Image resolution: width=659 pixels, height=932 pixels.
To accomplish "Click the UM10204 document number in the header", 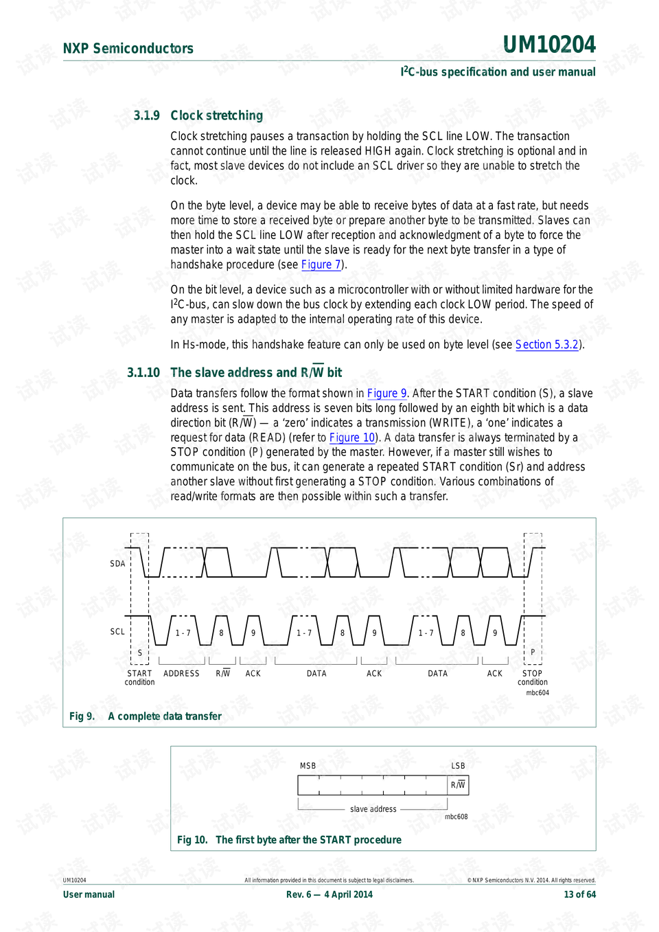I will (549, 45).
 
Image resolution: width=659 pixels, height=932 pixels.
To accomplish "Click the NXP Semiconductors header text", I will (128, 49).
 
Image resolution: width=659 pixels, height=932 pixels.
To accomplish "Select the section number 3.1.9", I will (146, 115).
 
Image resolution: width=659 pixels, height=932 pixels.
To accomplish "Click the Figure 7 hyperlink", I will (321, 265).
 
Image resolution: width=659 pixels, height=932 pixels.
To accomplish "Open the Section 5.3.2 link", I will (546, 345).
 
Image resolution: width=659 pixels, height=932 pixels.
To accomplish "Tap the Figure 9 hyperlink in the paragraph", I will (386, 394).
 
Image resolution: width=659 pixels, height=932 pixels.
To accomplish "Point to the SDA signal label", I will (117, 564).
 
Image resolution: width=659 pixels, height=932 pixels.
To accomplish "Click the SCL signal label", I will (117, 632).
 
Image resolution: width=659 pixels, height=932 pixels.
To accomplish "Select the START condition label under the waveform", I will (139, 678).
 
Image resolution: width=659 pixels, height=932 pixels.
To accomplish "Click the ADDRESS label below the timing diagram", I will (181, 674).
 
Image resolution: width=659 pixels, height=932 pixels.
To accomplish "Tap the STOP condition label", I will (532, 678).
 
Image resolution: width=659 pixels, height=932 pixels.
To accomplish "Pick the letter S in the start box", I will (140, 653).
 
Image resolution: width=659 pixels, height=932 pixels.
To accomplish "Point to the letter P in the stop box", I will (533, 652).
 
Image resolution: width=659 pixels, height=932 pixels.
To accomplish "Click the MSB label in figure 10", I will (308, 766).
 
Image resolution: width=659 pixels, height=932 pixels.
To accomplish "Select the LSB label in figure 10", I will (458, 766).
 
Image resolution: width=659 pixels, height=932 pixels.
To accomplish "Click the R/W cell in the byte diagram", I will (458, 785).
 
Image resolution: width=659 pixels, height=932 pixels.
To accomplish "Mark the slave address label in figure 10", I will (373, 809).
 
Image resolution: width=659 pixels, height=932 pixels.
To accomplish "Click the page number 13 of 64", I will (579, 894).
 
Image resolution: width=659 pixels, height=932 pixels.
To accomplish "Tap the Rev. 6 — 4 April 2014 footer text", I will (329, 894).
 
